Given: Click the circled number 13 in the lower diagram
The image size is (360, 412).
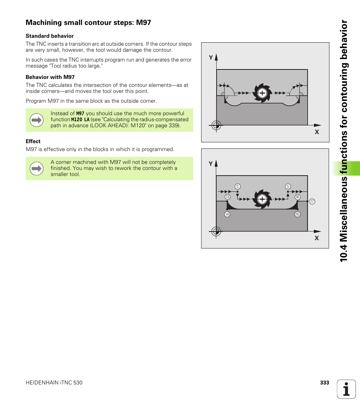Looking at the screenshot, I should click(x=228, y=197).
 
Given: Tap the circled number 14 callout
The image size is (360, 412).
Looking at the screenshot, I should click(x=227, y=214).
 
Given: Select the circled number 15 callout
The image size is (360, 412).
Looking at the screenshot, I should click(x=297, y=214).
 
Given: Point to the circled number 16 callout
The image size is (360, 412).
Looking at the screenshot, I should click(x=297, y=197).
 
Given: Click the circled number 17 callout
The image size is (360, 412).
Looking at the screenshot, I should click(x=312, y=202).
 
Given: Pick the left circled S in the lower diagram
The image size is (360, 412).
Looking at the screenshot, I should click(x=237, y=187).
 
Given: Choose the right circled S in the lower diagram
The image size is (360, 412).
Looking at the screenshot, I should click(x=288, y=187).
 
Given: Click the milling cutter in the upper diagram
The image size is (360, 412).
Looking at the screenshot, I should click(x=262, y=93).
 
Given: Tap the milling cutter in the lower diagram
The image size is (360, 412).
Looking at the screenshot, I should click(x=262, y=199).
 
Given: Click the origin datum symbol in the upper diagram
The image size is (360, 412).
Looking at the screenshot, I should click(x=216, y=125).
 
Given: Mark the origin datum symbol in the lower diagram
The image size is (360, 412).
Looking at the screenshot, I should click(x=216, y=231).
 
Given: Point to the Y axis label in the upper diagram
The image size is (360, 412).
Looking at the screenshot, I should click(x=211, y=58).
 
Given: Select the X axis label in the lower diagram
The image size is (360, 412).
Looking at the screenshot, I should click(x=317, y=238).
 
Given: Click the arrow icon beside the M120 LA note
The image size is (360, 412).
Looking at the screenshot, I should click(x=37, y=120).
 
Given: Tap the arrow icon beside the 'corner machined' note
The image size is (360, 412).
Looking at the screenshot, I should click(x=37, y=168).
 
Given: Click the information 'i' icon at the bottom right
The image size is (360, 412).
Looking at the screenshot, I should click(x=346, y=389).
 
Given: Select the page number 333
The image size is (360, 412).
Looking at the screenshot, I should click(x=325, y=383).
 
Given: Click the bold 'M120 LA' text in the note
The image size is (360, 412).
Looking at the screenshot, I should click(x=80, y=119).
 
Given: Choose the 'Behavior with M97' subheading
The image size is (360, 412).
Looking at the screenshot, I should click(x=50, y=77).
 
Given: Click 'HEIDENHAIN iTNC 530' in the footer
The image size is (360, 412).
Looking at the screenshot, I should click(x=54, y=383).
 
